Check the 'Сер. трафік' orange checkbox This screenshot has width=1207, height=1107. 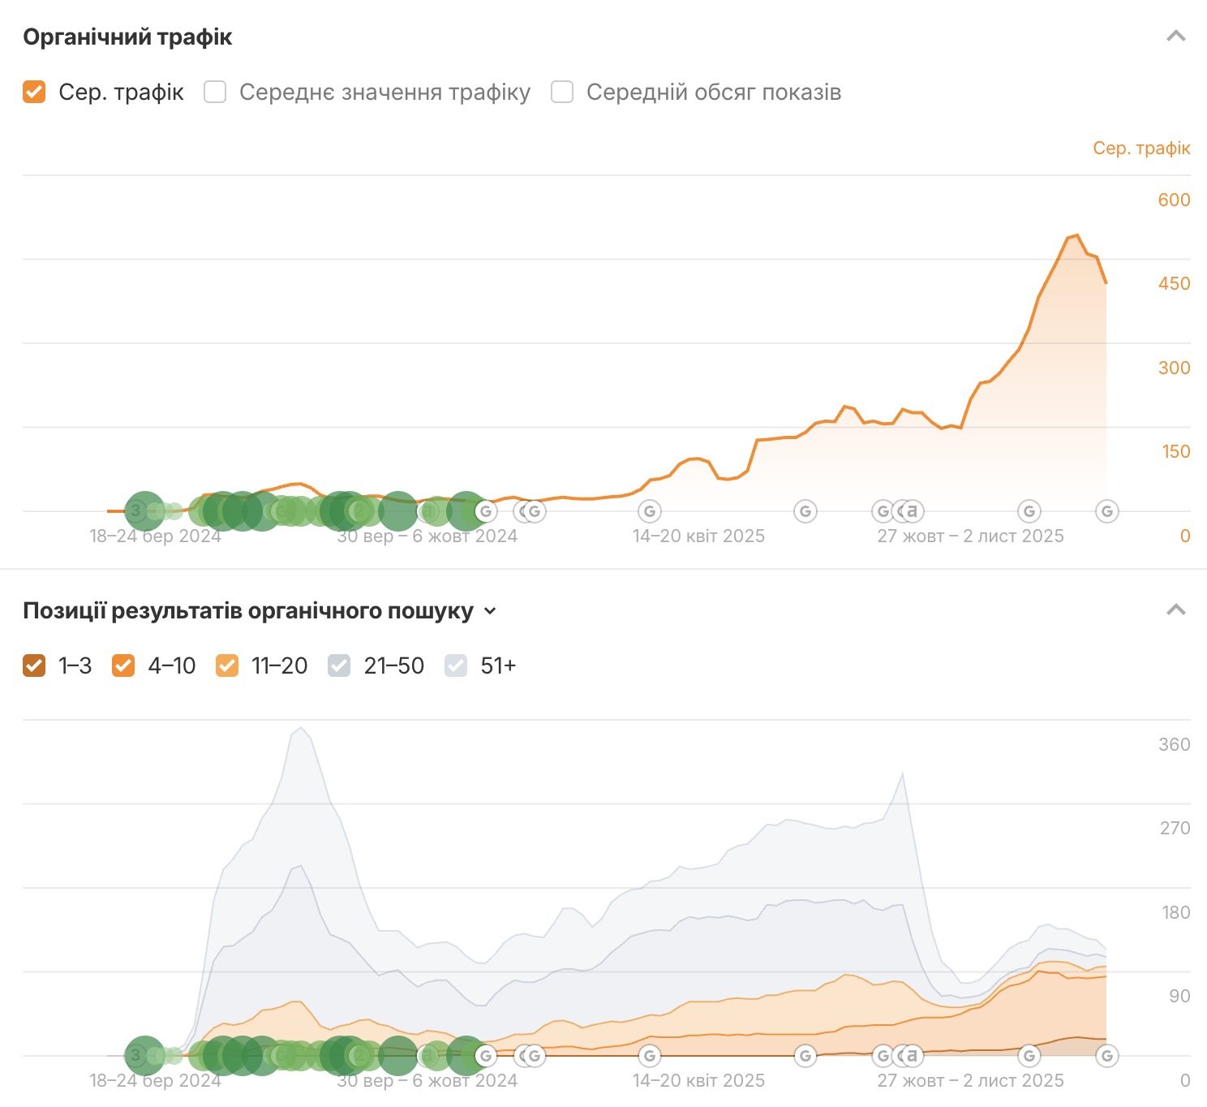[34, 92]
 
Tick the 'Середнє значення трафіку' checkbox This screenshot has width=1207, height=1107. [215, 92]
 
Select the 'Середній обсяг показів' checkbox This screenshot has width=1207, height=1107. [562, 92]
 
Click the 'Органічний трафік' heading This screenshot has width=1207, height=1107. [127, 37]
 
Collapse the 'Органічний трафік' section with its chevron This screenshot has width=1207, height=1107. [1175, 37]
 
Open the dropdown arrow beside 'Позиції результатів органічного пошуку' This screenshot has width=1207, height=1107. [490, 611]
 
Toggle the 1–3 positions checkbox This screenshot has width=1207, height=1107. [34, 665]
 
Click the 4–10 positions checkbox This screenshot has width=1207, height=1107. [123, 665]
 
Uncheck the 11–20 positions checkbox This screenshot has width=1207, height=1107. [227, 665]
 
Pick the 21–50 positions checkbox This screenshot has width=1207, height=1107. [339, 665]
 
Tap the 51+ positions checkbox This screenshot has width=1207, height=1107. [456, 665]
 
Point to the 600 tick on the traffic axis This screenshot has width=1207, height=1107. [1174, 200]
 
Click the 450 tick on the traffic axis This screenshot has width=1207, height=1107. [1174, 283]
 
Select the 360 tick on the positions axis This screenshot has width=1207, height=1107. [1174, 744]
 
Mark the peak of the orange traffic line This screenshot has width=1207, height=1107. [1076, 235]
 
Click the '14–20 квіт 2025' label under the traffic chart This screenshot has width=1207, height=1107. [698, 536]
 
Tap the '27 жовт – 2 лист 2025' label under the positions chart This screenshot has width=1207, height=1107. [970, 1080]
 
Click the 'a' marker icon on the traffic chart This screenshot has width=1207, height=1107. [913, 510]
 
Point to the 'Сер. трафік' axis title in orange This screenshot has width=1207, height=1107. [1141, 148]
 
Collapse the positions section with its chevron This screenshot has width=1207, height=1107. [1175, 610]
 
